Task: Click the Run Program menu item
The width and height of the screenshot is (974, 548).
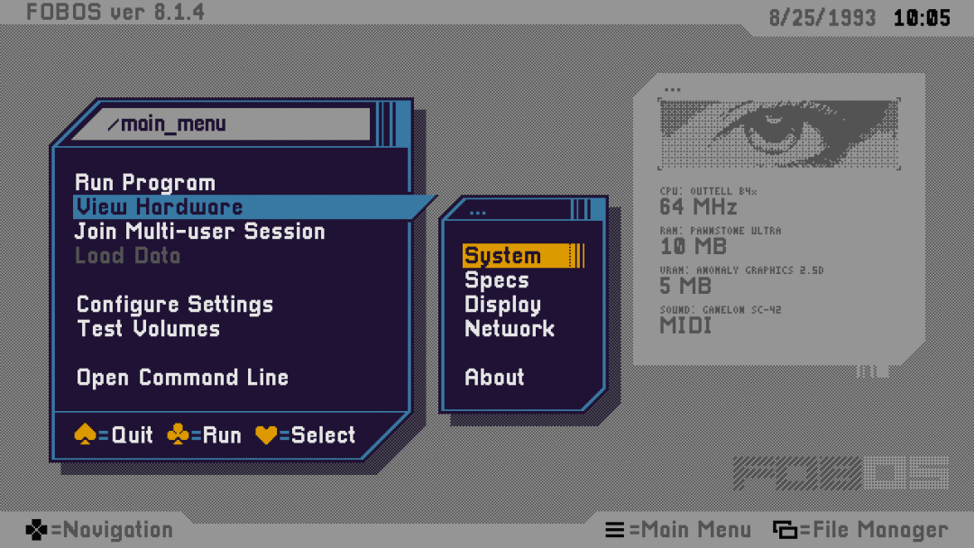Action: pos(144,183)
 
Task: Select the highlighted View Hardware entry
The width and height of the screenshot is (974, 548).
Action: pos(159,207)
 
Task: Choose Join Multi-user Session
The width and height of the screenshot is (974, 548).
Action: pos(199,232)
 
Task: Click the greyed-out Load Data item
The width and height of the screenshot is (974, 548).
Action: pos(127,256)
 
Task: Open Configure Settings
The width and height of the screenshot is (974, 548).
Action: pos(174,305)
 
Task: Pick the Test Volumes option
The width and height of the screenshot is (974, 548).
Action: pos(148,329)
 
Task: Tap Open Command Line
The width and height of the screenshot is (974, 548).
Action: pos(182,378)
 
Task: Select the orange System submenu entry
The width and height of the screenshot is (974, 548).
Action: pos(502,256)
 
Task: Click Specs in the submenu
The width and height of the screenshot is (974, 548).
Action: pos(496,280)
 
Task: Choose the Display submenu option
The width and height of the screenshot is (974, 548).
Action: pos(502,305)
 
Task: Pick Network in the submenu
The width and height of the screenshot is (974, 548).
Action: pos(509,329)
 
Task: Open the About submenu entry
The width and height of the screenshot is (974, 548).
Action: pos(493,378)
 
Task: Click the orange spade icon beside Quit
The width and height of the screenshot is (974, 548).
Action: pos(85,434)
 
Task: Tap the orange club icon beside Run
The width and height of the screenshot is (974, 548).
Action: pos(178,434)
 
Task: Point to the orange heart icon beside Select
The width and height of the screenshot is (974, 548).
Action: pos(266,434)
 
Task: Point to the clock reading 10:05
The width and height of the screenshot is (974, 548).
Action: pos(922,18)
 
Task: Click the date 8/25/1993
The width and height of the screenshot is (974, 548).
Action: pos(822,18)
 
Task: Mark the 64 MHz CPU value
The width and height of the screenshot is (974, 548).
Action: pos(698,207)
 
